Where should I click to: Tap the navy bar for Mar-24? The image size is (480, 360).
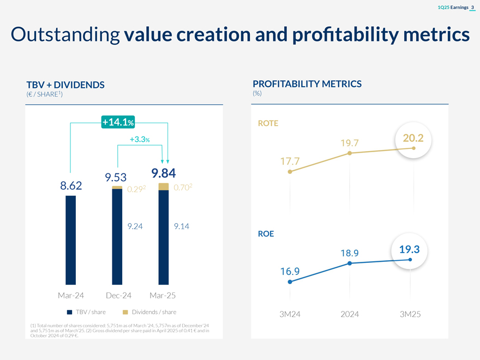(x=70, y=240)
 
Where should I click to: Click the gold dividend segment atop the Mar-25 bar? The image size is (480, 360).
(x=163, y=187)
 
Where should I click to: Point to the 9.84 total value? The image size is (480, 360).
(x=163, y=173)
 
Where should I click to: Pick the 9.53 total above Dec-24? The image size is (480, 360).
(x=116, y=177)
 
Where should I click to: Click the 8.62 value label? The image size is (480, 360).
(x=71, y=186)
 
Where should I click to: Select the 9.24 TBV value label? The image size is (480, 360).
(x=135, y=226)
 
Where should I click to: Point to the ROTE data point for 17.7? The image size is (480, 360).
(x=290, y=172)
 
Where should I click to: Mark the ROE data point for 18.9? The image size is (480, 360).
(x=349, y=263)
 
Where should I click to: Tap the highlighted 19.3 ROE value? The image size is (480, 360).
(x=409, y=250)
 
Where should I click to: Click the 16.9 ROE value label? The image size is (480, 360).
(x=290, y=271)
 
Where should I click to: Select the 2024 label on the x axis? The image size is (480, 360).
(x=349, y=314)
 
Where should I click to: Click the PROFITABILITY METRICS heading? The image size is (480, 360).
(x=307, y=84)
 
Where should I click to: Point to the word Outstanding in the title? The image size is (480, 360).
(x=65, y=35)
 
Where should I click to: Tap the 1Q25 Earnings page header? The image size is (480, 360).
(x=454, y=7)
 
